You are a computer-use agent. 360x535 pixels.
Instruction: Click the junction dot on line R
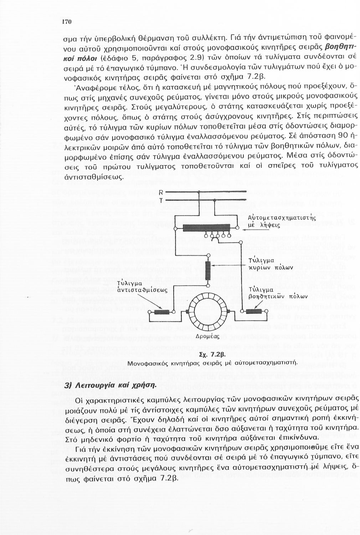[x=198, y=193]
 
